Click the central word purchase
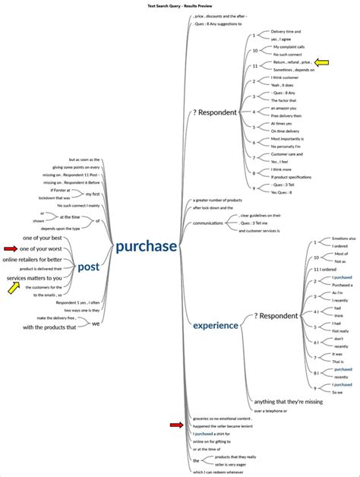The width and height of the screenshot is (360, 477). pos(146,246)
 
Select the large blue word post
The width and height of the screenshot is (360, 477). pos(88,267)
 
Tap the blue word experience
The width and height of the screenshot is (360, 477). pos(215,325)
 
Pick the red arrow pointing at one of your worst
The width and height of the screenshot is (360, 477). pos(10,248)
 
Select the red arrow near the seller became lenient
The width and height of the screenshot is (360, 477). pos(176,425)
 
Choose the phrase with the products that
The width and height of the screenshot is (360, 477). pos(49,327)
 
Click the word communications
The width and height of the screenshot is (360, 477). pos(207,223)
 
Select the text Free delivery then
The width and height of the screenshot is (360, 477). pos(286,115)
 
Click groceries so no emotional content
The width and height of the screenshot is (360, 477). pos(223,419)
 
